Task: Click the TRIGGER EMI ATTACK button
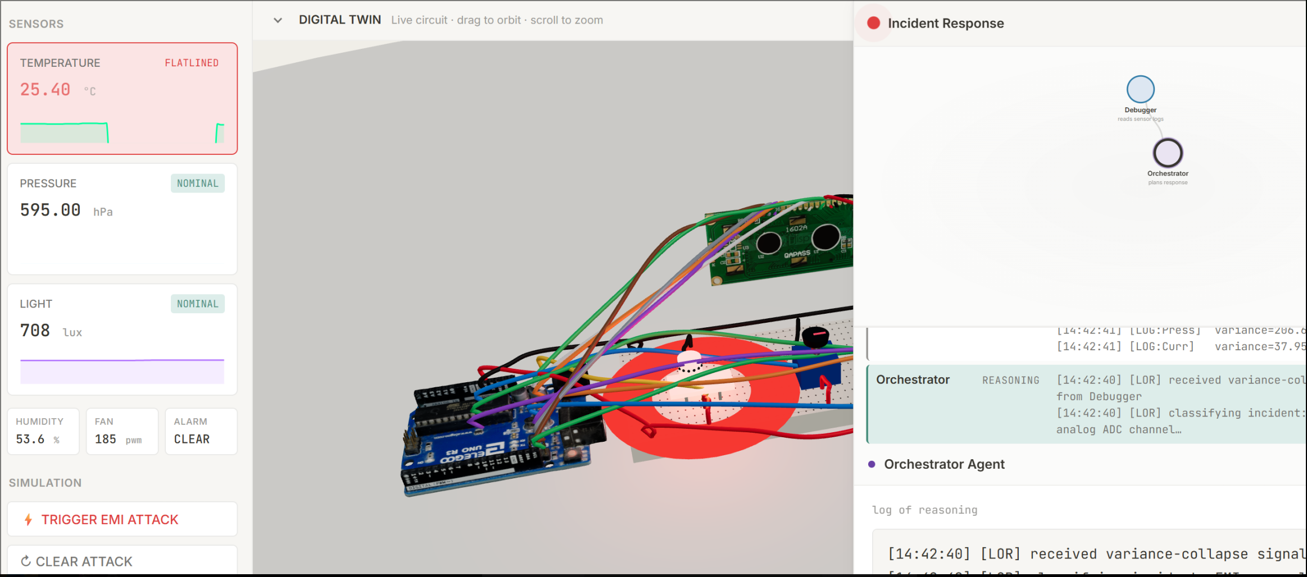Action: pos(110,520)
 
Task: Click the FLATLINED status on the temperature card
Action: pos(192,63)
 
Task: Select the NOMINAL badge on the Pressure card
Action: pos(197,184)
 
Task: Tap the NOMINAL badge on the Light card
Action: pos(197,304)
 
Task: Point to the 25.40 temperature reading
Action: pos(46,90)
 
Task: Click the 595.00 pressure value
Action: pos(51,210)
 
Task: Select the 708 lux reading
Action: pos(35,331)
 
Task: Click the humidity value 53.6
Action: pos(30,439)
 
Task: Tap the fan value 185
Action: pos(106,439)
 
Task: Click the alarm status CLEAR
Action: pos(192,439)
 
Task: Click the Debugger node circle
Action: pos(1140,89)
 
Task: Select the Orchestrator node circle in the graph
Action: pos(1168,153)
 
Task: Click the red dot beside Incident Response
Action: pos(873,23)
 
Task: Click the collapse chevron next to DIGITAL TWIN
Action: pos(278,20)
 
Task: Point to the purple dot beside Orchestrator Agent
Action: pos(872,464)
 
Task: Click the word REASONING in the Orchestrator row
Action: pos(1010,381)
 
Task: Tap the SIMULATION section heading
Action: pos(45,483)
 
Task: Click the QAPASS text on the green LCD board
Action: pos(797,254)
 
